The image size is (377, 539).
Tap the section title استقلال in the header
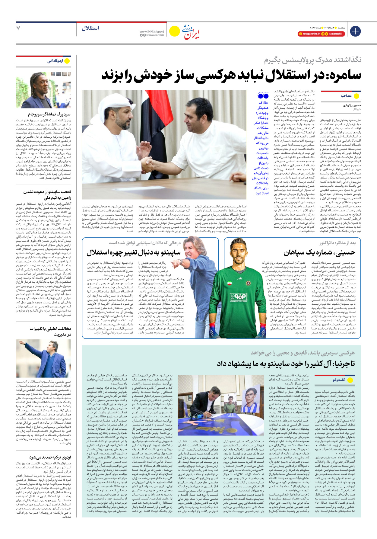click(90, 28)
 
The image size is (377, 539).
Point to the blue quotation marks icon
click(263, 96)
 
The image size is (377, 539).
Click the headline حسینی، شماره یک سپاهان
click(319, 252)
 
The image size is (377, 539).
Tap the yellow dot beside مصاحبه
click(356, 96)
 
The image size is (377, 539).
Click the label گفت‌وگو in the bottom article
click(339, 380)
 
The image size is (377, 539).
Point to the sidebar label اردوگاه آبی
click(55, 61)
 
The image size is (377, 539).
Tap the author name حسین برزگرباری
click(352, 105)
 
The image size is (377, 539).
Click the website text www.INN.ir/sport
click(152, 31)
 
